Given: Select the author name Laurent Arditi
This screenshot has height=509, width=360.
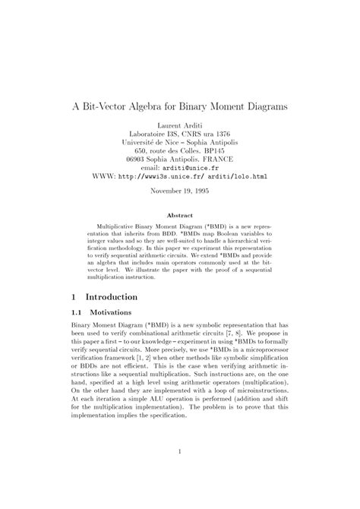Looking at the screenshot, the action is click(180, 126).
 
